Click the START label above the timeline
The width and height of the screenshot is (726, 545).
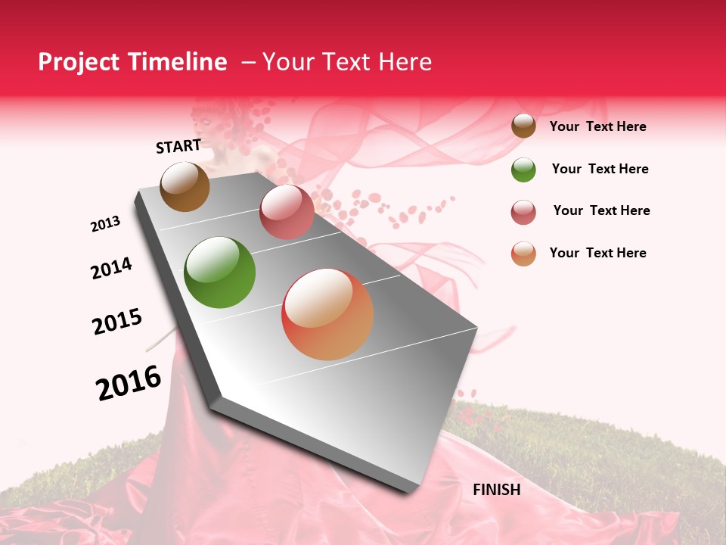click(178, 146)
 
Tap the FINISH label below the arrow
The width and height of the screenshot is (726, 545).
click(496, 490)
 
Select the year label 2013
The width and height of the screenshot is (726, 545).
click(106, 224)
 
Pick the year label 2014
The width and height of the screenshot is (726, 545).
click(111, 268)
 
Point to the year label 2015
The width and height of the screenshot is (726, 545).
click(117, 322)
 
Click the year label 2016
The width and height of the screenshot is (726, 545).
click(129, 382)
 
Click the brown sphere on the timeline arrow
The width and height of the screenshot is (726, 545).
click(185, 187)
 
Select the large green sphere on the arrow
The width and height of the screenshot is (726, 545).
click(220, 272)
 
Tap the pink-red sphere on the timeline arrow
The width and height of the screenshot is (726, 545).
click(287, 212)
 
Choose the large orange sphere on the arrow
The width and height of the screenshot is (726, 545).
click(327, 314)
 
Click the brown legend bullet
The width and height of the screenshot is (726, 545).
click(523, 126)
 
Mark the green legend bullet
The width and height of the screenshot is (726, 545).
click(523, 170)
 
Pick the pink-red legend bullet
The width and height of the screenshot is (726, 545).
click(523, 212)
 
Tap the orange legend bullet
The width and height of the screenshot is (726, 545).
click(523, 254)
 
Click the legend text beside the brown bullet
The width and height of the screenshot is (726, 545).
click(597, 126)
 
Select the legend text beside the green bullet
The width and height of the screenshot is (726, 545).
click(600, 169)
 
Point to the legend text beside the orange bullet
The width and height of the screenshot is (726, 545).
click(597, 253)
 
